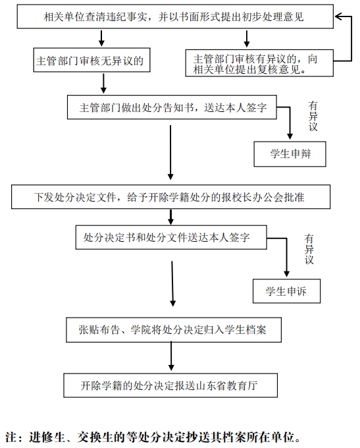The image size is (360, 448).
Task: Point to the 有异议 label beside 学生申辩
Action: pyautogui.click(x=313, y=116)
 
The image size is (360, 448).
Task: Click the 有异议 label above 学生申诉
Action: pyautogui.click(x=309, y=249)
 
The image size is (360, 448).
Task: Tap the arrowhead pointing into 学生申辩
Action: pyautogui.click(x=290, y=136)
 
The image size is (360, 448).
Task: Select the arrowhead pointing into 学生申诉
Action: pyautogui.click(x=287, y=273)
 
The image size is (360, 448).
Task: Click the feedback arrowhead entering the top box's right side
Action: pyautogui.click(x=338, y=16)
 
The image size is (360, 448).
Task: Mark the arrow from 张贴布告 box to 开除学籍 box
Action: pyautogui.click(x=171, y=356)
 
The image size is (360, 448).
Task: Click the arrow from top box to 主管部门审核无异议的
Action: pyautogui.click(x=101, y=38)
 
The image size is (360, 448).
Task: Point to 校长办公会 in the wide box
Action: pyautogui.click(x=258, y=197)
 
